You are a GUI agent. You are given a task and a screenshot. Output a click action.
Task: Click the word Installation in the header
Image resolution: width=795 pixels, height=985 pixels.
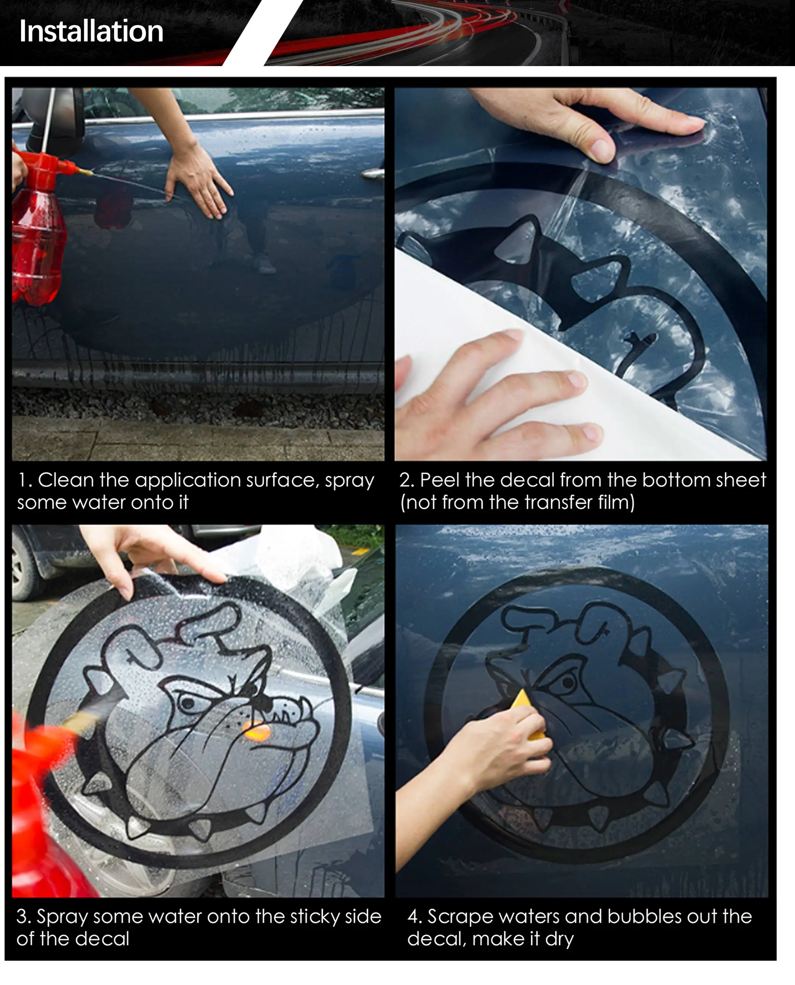tap(91, 31)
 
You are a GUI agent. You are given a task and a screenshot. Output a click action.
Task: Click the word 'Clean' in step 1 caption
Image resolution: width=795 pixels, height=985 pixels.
tap(66, 480)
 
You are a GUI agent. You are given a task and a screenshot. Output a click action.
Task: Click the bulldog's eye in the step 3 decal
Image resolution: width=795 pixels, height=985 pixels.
tap(187, 703)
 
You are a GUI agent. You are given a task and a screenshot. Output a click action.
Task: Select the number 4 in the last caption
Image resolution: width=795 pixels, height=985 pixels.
tap(413, 917)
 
